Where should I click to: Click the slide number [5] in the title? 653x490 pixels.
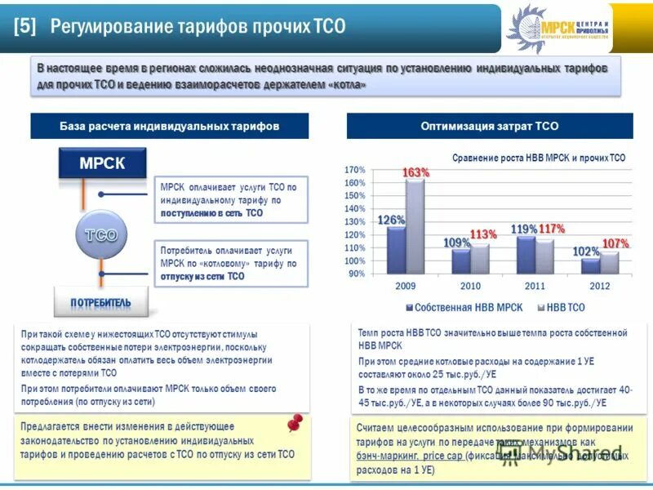(x=24, y=26)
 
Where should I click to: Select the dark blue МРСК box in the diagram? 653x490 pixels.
(x=102, y=163)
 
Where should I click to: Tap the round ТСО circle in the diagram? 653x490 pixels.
(x=100, y=235)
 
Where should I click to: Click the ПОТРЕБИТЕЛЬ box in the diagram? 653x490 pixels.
(x=100, y=303)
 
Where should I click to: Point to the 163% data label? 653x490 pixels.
(x=415, y=173)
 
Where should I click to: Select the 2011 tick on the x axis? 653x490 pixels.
(x=535, y=287)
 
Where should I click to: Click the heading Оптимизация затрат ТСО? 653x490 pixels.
(x=490, y=127)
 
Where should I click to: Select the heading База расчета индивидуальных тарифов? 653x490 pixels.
(x=169, y=127)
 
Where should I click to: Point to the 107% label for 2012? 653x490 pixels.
(x=615, y=243)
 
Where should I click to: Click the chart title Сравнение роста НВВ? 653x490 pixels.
(x=539, y=158)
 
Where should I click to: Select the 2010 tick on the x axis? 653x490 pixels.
(x=470, y=287)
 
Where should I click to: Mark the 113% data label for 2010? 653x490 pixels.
(x=483, y=234)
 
